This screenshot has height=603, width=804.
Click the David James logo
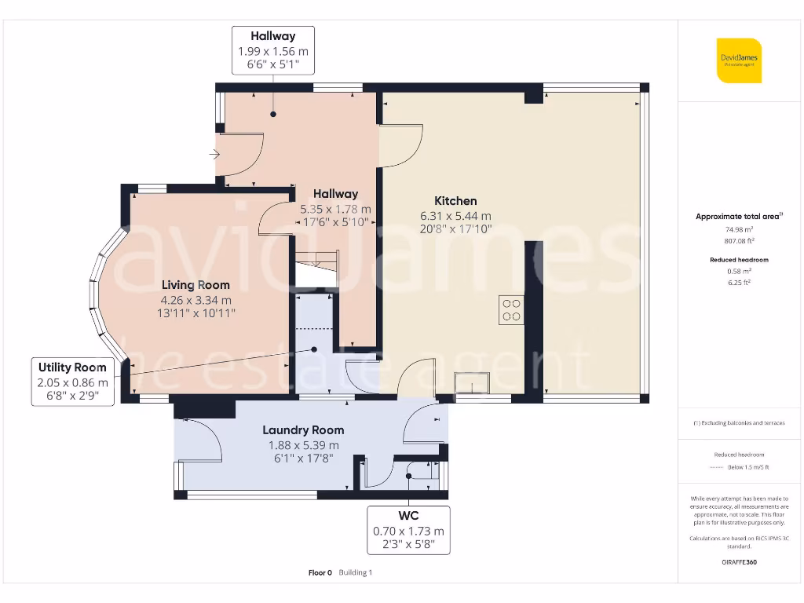(739, 60)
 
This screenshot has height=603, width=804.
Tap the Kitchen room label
(456, 201)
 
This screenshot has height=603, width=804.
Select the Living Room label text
(196, 285)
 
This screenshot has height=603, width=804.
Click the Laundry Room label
(303, 430)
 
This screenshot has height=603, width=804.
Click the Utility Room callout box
(71, 382)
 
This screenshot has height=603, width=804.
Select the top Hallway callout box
(273, 50)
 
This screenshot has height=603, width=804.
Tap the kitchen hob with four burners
(511, 309)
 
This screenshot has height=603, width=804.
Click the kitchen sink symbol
(471, 383)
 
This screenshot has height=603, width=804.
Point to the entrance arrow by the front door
(214, 155)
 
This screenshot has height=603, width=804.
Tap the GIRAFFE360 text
(739, 562)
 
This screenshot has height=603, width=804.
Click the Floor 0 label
(320, 573)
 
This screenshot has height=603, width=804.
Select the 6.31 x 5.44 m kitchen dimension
(456, 216)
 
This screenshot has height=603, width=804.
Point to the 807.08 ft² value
(739, 241)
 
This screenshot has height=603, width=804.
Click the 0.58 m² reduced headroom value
(739, 271)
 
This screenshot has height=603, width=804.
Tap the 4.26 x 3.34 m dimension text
(196, 300)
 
